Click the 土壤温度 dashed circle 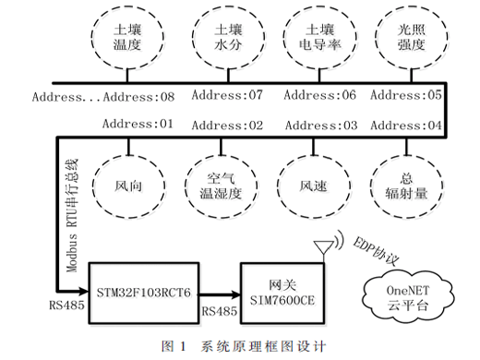[91, 37]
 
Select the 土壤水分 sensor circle [192, 37]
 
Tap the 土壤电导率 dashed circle [283, 37]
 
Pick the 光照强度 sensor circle [375, 37]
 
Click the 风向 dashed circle [92, 186]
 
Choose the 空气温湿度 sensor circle [186, 186]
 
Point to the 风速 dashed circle [278, 186]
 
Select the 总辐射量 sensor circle [370, 186]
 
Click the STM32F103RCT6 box [143, 293]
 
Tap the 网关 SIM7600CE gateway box [282, 293]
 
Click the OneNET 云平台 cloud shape [408, 297]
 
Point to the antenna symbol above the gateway [324, 249]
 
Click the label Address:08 [138, 97]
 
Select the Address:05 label [406, 95]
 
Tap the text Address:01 [138, 124]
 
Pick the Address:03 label [321, 126]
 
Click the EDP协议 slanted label [376, 251]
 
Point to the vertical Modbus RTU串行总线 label [73, 215]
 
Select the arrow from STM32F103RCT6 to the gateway [220, 294]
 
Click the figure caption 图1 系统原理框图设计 [243, 346]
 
